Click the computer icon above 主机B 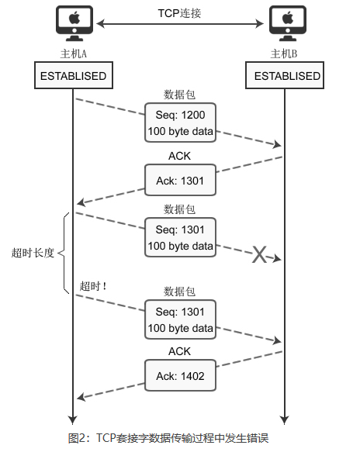(286, 23)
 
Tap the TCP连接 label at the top (180, 13)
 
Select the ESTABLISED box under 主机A (73, 76)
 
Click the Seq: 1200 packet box (180, 123)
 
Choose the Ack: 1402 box (180, 375)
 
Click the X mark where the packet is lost (259, 254)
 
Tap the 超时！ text (93, 286)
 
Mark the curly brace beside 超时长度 (64, 253)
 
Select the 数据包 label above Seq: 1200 (179, 94)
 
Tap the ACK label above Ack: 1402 (179, 351)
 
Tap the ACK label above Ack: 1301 (179, 155)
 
